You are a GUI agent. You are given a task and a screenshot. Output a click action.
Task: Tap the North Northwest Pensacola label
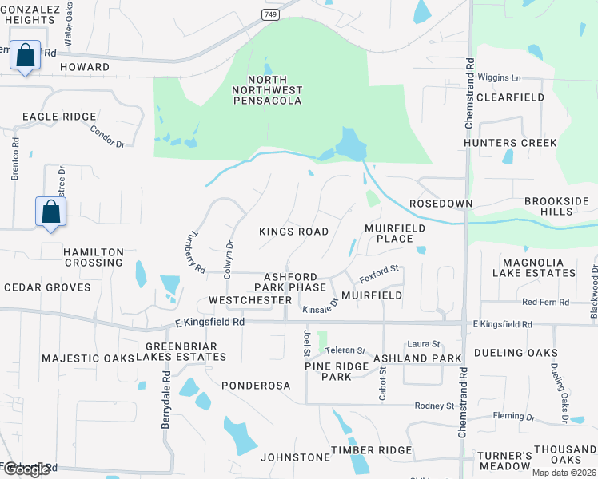coord(274,90)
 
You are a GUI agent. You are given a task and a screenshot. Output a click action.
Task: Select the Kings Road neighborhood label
coord(293,232)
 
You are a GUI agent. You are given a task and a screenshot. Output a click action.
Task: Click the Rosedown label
coord(441,204)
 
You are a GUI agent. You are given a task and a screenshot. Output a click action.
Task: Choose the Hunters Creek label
coord(511,143)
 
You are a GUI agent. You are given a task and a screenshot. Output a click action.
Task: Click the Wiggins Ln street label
coord(499,78)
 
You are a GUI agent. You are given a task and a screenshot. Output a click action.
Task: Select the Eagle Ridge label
coord(59,117)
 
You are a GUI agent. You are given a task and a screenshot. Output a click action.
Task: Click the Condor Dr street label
coord(108,137)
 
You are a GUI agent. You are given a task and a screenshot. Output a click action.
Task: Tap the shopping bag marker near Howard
coord(26,56)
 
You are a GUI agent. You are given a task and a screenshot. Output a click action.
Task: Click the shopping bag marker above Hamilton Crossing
coord(50,212)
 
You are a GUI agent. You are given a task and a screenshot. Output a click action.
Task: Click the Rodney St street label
coord(434,406)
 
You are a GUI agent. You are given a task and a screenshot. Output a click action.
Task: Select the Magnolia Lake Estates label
coord(539,267)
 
